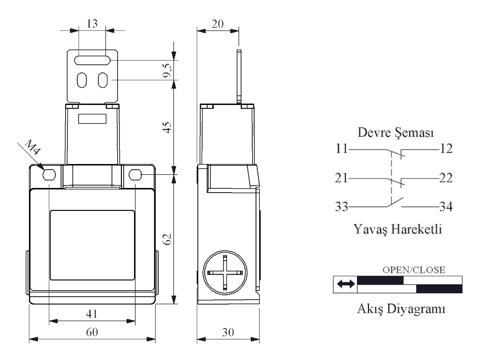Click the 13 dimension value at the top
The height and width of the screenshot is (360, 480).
point(92,23)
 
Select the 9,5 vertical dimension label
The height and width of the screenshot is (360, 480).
point(167,70)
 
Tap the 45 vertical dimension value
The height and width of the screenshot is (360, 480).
point(167,127)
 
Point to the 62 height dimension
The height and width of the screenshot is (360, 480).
point(167,239)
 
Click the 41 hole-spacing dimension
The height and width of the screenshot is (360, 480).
point(92,314)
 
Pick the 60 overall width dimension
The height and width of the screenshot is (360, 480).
point(92,332)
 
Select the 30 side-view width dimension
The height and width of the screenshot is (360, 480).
point(228,332)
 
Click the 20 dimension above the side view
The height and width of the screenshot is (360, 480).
point(217,24)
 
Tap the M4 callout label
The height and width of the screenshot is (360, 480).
point(33,147)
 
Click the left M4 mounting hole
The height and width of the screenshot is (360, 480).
point(49,175)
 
